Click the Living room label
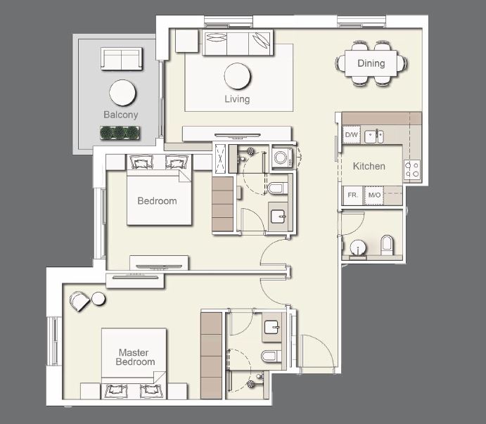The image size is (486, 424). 237,99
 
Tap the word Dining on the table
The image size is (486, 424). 371,63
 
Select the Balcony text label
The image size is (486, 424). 121,115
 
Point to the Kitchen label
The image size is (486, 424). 369,166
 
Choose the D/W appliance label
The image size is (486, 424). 351,135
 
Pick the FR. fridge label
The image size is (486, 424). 352,195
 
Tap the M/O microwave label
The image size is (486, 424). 374,195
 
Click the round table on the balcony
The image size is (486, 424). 122,92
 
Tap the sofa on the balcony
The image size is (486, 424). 122,58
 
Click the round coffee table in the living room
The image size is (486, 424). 237,75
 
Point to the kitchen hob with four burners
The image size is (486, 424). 411,169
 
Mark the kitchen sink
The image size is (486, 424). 375,135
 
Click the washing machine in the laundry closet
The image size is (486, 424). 281,158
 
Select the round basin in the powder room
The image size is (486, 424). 358,248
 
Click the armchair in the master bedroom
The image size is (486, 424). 80,301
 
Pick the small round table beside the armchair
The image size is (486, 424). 98,299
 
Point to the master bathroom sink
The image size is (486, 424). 272,327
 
